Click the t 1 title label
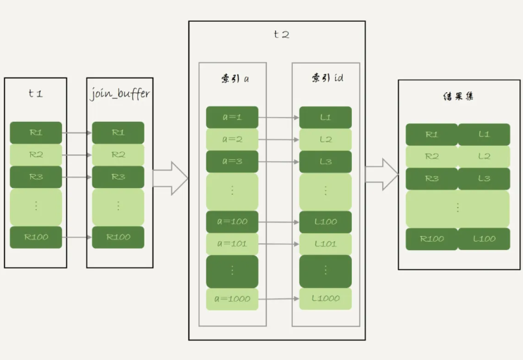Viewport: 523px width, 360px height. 35,93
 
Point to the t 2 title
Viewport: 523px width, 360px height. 280,35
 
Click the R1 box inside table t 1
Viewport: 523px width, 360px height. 35,132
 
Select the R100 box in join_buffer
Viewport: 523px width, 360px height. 118,237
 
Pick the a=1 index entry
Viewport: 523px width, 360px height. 232,117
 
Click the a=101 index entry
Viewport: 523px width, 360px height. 232,244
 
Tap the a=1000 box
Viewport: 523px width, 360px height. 232,299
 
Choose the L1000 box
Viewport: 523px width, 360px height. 325,299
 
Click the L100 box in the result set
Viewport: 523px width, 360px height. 484,239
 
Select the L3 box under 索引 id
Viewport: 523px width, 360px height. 325,162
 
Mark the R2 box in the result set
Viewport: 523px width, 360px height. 431,156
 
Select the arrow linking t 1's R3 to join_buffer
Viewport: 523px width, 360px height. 77,177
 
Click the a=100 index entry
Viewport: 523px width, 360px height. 232,222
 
